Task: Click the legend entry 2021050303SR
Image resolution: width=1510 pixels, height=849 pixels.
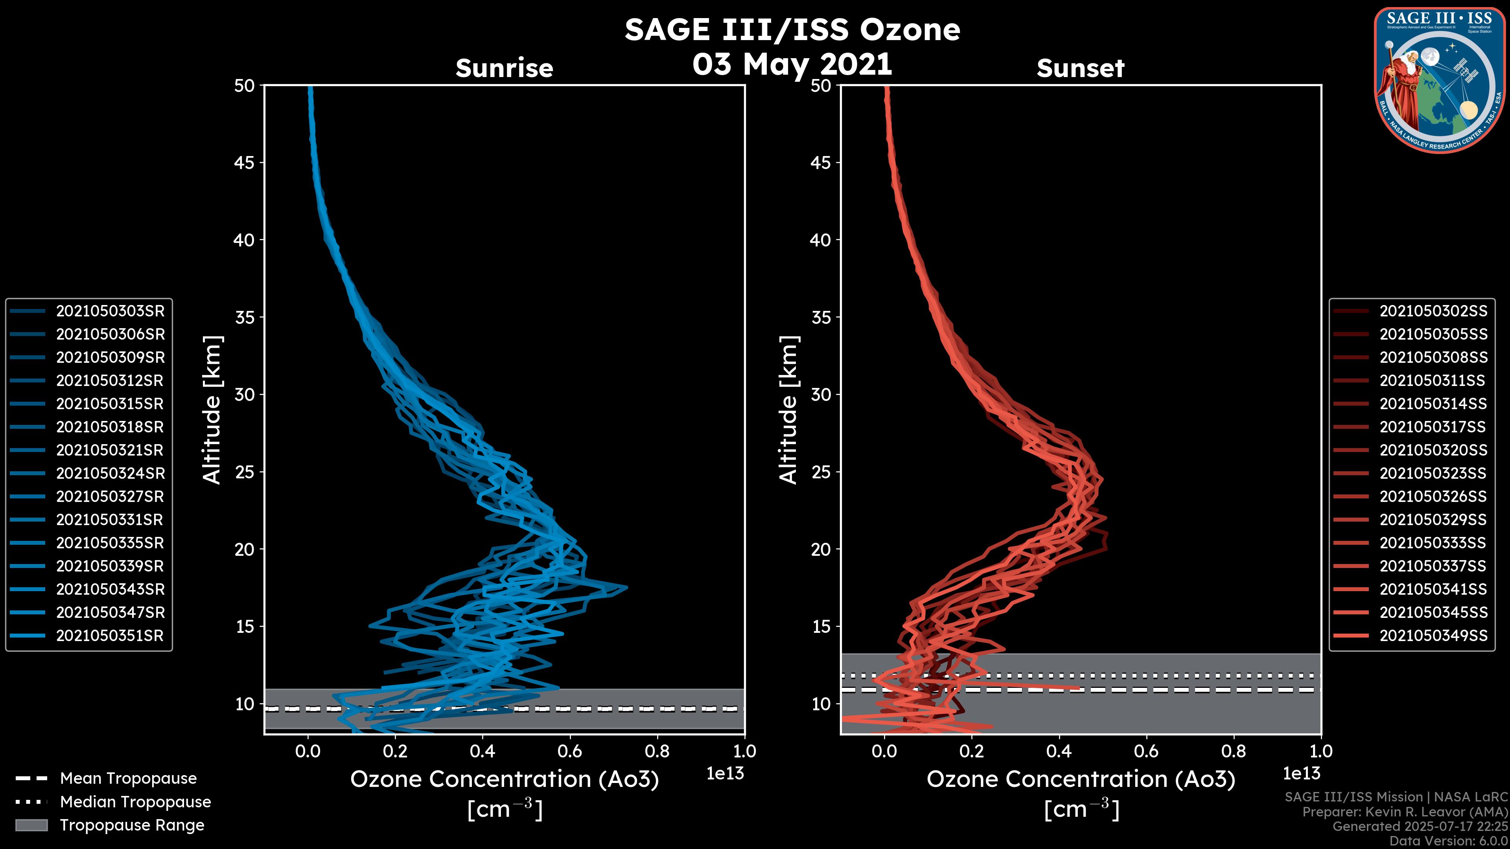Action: point(110,311)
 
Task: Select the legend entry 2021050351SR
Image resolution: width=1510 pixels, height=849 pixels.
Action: point(110,636)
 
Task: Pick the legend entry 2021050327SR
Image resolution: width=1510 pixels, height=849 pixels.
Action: point(110,497)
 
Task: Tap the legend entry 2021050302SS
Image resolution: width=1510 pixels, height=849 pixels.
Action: point(1433,311)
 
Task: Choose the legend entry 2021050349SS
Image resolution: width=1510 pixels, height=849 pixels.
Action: point(1433,636)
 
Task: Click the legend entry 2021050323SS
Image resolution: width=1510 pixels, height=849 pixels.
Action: point(1433,473)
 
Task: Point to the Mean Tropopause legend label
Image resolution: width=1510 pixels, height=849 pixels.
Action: point(128,779)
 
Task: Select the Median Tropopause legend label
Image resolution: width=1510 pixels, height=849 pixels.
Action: point(135,802)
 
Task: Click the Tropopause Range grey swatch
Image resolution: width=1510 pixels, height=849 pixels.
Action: point(31,825)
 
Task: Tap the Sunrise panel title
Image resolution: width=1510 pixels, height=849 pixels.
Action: point(504,68)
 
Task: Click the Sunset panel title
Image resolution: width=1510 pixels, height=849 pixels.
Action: point(1080,68)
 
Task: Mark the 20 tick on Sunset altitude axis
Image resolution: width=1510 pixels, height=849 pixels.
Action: point(821,549)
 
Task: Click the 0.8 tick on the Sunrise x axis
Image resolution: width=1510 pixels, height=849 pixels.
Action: point(657,751)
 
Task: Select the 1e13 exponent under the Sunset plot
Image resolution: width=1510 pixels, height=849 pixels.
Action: point(1301,774)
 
